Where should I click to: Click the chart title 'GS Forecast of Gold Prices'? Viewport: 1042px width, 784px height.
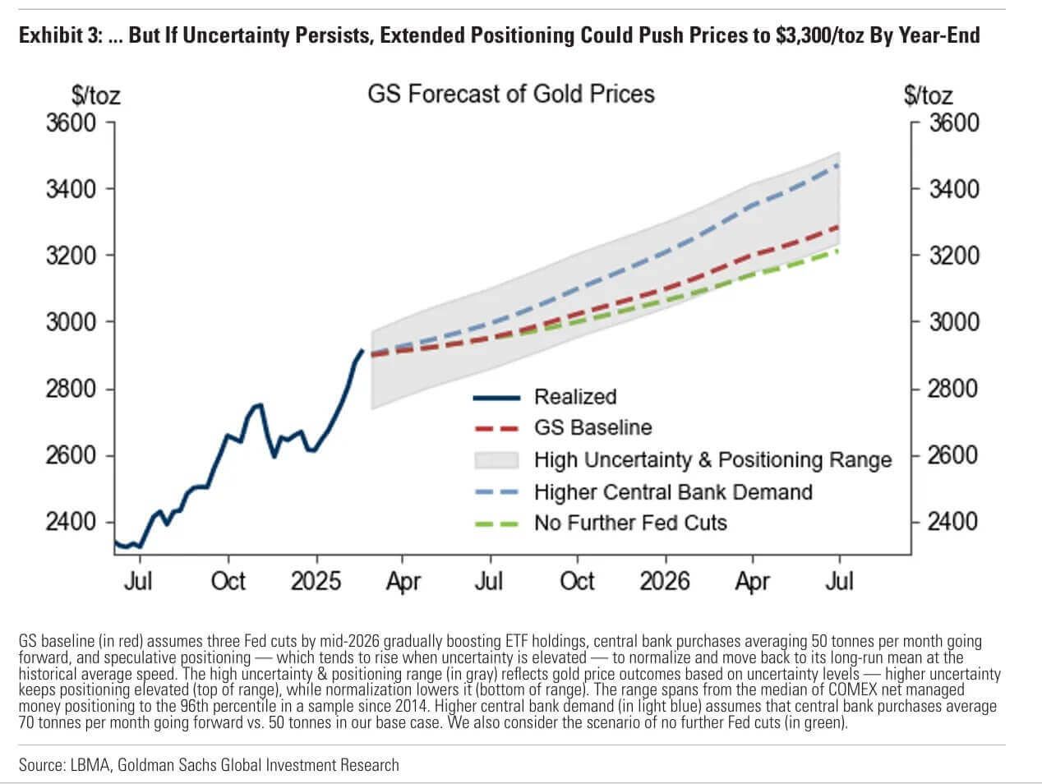coord(510,93)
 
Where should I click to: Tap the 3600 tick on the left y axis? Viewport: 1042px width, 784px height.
coord(71,122)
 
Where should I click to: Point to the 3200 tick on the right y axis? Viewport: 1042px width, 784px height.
coord(954,256)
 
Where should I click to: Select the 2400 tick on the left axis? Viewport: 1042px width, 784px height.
coord(71,522)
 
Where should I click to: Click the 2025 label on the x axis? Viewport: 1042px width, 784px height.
coord(316,581)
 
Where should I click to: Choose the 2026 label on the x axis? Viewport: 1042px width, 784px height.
coord(664,581)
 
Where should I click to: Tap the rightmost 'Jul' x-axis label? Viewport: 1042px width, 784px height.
coord(838,581)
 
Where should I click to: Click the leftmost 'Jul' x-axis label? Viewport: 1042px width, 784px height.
coord(138,581)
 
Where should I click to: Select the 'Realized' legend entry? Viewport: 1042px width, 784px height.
coord(574,397)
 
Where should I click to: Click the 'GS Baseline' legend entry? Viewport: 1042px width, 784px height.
coord(592,427)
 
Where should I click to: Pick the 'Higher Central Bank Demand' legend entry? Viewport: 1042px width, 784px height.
coord(672,492)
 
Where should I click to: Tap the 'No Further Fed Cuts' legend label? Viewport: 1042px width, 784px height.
coord(630,523)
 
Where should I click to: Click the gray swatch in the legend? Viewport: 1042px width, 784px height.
coord(496,459)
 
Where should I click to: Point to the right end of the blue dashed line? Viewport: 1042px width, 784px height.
coord(838,164)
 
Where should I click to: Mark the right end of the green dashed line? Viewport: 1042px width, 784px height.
coord(838,250)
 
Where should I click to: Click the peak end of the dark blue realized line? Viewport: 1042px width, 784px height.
coord(362,350)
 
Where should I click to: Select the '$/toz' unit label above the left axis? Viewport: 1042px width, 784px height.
coord(96,95)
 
